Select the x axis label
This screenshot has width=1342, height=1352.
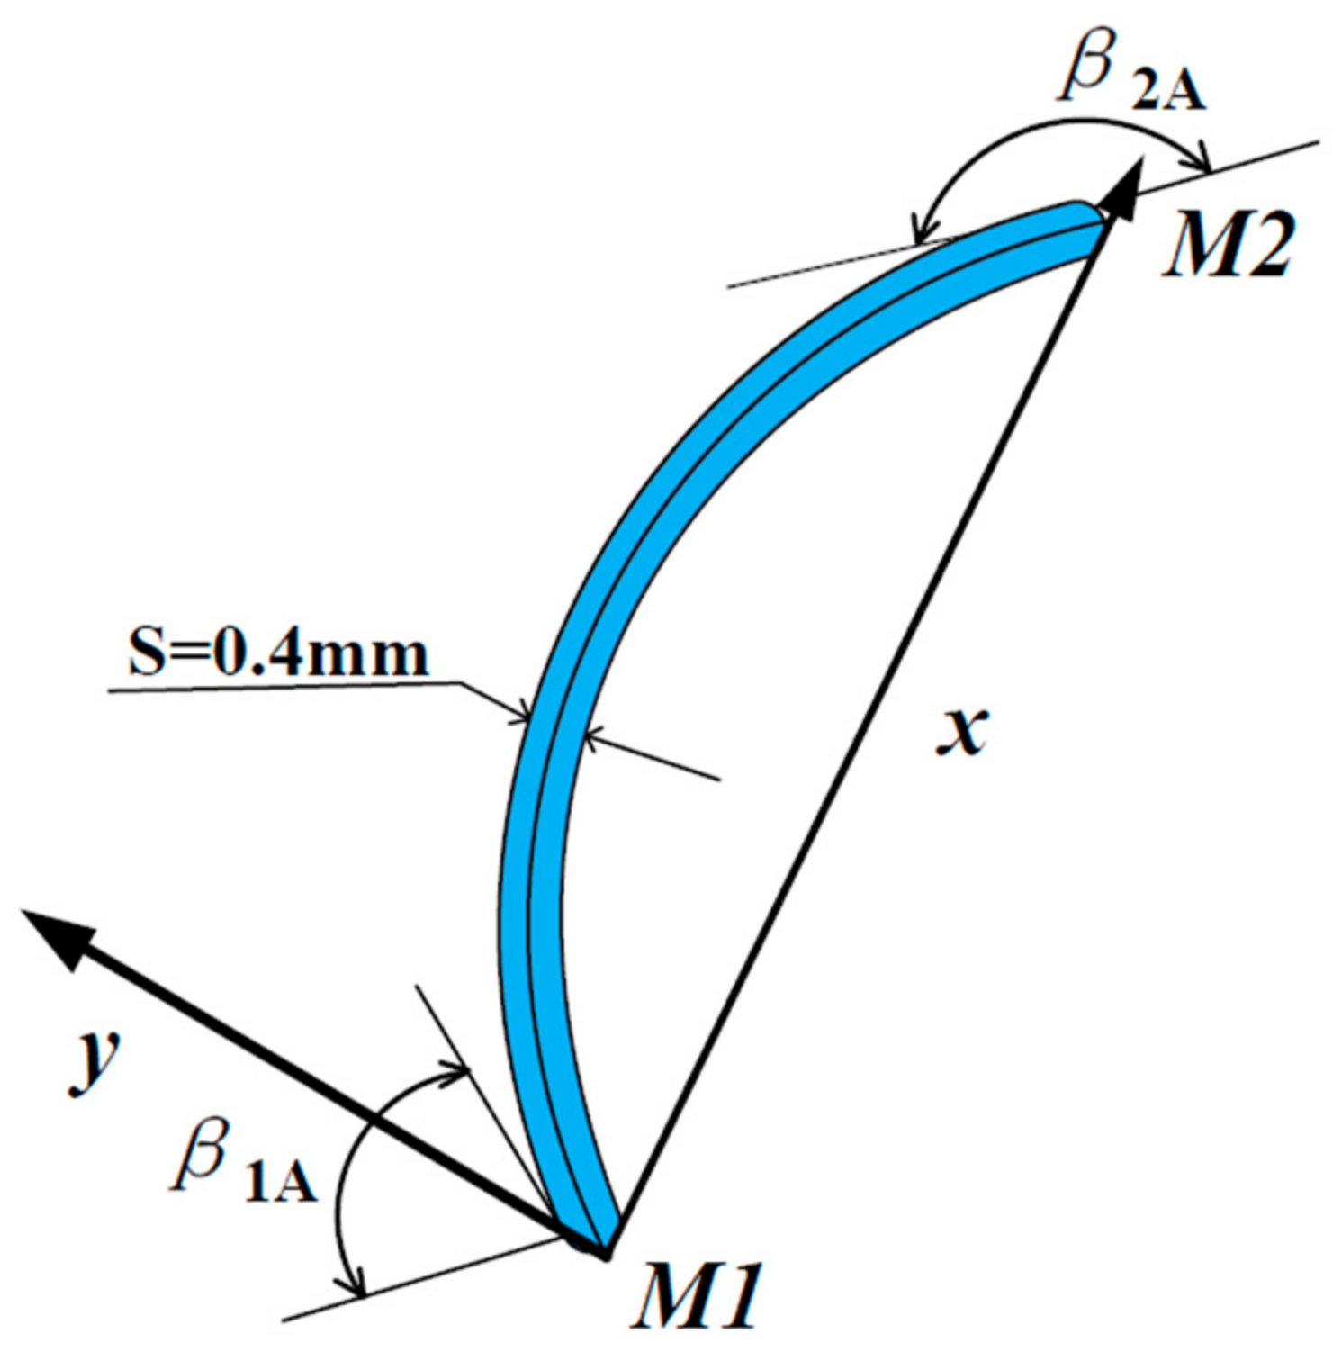pyautogui.click(x=962, y=730)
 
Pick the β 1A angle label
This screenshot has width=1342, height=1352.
pyautogui.click(x=243, y=1162)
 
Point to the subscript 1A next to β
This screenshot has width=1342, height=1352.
pyautogui.click(x=281, y=1182)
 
